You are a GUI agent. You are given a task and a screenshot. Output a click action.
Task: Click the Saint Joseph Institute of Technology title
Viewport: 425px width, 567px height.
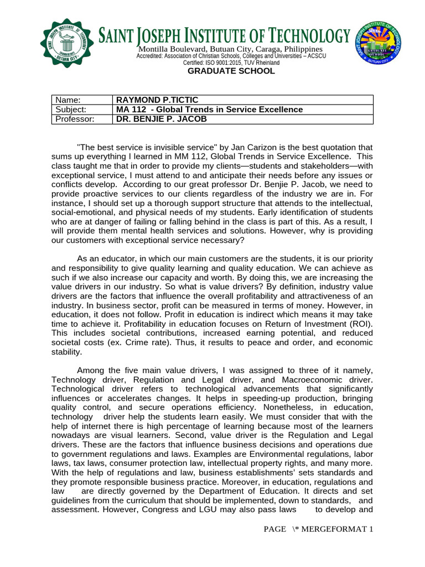[224, 37]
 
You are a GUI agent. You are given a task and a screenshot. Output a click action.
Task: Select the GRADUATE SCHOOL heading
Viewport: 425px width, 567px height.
[231, 71]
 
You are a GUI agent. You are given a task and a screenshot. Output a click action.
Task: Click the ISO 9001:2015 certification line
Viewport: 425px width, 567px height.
[231, 63]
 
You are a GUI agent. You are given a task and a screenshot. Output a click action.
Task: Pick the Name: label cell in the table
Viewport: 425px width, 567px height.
[81, 100]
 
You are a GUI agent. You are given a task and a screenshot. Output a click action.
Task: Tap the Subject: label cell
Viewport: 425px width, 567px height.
[81, 109]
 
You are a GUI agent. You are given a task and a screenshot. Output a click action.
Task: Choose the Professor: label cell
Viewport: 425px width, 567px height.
[81, 118]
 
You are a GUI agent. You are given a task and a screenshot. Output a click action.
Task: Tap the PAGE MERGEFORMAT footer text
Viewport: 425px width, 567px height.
[319, 529]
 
